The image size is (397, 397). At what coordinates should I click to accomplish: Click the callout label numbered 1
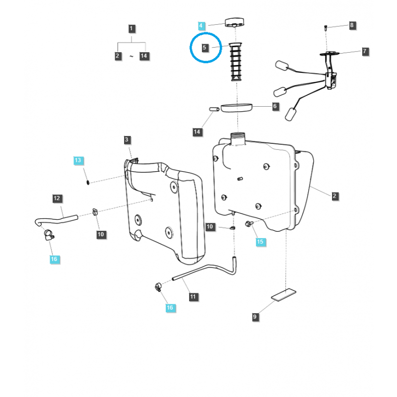click(131, 29)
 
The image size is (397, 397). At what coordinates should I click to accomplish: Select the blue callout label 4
click(201, 26)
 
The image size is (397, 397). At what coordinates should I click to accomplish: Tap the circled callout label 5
click(204, 48)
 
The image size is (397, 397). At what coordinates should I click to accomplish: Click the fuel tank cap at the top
click(235, 22)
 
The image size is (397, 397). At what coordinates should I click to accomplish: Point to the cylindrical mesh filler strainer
click(235, 62)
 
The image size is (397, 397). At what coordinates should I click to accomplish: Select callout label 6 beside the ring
click(275, 106)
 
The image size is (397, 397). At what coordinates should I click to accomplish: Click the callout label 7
click(365, 52)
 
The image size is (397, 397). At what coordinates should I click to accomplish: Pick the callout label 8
click(352, 25)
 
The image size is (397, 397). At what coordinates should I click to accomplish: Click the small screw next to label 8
click(326, 27)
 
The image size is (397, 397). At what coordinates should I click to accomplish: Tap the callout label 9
click(255, 317)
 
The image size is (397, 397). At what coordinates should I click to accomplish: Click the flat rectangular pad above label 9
click(283, 295)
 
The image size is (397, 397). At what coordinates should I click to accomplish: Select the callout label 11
click(193, 297)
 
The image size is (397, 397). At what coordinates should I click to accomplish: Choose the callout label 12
click(57, 198)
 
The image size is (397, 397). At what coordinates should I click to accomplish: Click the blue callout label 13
click(78, 160)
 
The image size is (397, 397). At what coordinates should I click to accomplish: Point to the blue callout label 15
click(260, 242)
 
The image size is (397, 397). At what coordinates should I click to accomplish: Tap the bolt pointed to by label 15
click(248, 224)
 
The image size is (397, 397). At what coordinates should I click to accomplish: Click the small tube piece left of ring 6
click(214, 109)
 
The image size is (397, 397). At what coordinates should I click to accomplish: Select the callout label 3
click(127, 139)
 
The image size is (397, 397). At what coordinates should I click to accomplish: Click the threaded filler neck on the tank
click(238, 139)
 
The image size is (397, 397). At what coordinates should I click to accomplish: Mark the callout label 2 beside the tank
click(334, 196)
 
